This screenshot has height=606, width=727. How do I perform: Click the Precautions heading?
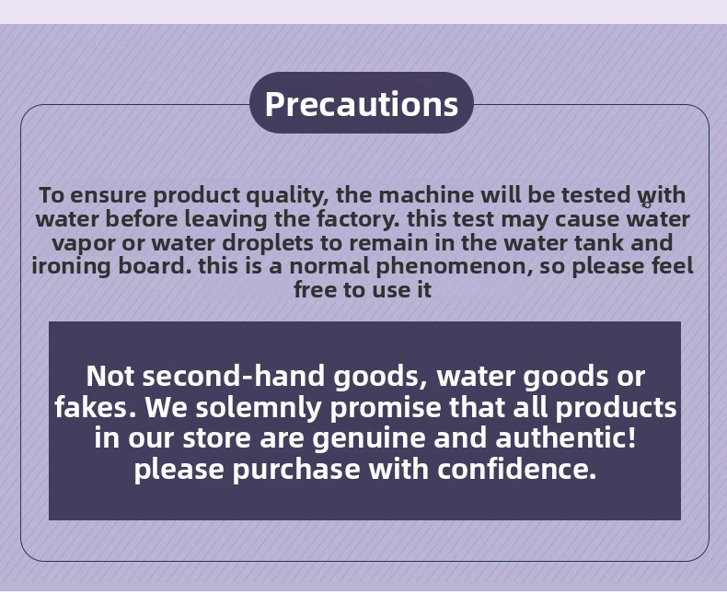[x=362, y=103]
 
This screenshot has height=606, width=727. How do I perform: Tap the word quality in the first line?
[x=287, y=196]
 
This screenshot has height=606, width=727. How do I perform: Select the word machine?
[x=426, y=195]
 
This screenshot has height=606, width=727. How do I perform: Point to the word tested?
[x=595, y=195]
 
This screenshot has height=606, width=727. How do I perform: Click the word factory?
[x=358, y=219]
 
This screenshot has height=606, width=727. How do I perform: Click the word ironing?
[x=72, y=267]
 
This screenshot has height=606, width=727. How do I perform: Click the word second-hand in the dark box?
[x=233, y=376]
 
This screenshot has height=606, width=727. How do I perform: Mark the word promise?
[x=386, y=408]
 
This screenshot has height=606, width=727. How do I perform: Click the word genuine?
[x=369, y=439]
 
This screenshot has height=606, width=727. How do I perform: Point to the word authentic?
[x=566, y=437]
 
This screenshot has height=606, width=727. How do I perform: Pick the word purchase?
[x=296, y=470]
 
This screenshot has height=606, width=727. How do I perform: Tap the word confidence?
[x=516, y=469]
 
